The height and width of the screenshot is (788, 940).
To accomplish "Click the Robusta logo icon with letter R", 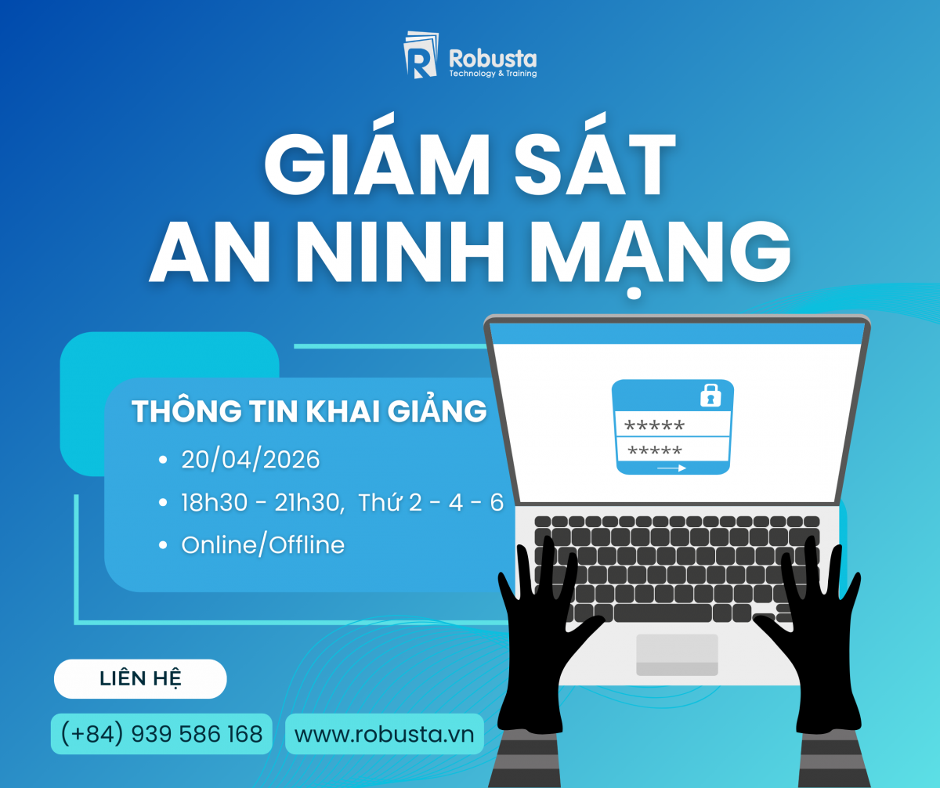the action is (x=421, y=55).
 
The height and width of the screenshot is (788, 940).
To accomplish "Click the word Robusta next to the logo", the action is (x=493, y=59).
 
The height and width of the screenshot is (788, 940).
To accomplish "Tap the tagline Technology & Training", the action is (x=493, y=74).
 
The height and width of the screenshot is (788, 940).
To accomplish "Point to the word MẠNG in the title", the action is (x=660, y=255).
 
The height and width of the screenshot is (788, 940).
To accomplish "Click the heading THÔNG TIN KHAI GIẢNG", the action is (x=309, y=410).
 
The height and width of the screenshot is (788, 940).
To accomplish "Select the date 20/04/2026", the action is (x=251, y=460).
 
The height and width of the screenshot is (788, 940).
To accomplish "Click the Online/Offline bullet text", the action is (x=263, y=545).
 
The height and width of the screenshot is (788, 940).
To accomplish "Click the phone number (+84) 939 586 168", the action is (x=161, y=734).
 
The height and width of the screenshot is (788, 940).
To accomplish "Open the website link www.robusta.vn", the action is (x=385, y=735).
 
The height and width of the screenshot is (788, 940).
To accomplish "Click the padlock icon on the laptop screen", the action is (x=710, y=396).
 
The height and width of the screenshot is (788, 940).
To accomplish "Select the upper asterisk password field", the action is (x=673, y=425).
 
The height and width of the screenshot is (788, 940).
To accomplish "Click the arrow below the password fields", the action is (x=671, y=468).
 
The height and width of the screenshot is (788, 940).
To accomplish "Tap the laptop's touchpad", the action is (x=677, y=655).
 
